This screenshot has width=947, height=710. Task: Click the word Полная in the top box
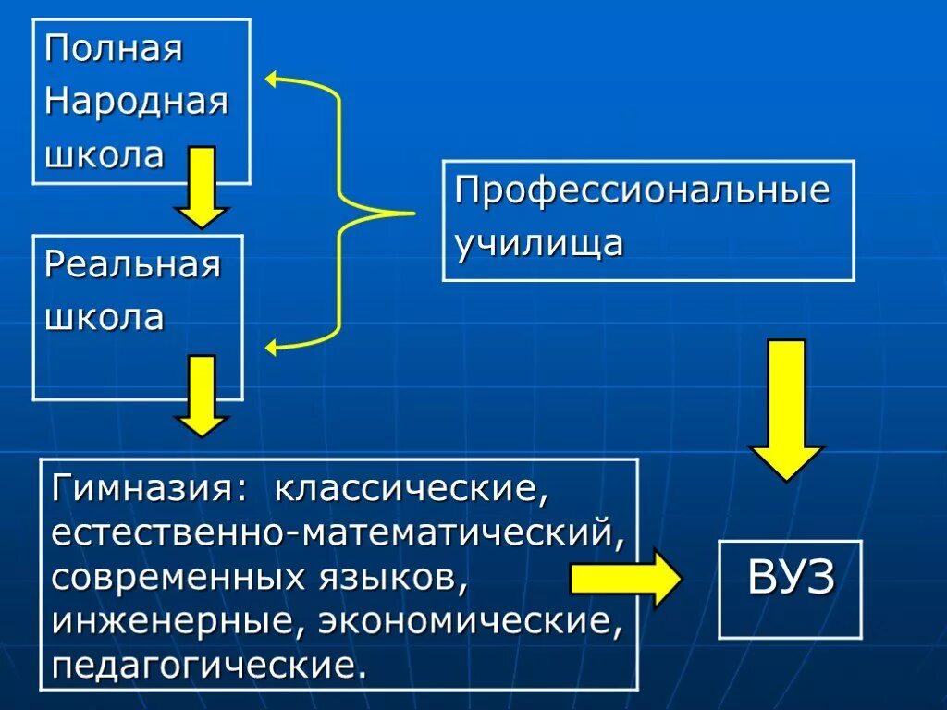click(113, 49)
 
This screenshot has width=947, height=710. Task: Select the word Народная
click(136, 101)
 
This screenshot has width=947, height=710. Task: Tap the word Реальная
click(133, 265)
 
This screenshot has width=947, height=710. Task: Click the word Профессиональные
click(642, 192)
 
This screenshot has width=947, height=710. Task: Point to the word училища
click(538, 244)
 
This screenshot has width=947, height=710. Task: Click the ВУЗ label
click(791, 579)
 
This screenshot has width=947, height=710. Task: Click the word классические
click(412, 488)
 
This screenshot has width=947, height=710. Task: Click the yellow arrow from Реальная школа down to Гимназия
click(201, 396)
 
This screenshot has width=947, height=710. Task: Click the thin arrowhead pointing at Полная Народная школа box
click(272, 79)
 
